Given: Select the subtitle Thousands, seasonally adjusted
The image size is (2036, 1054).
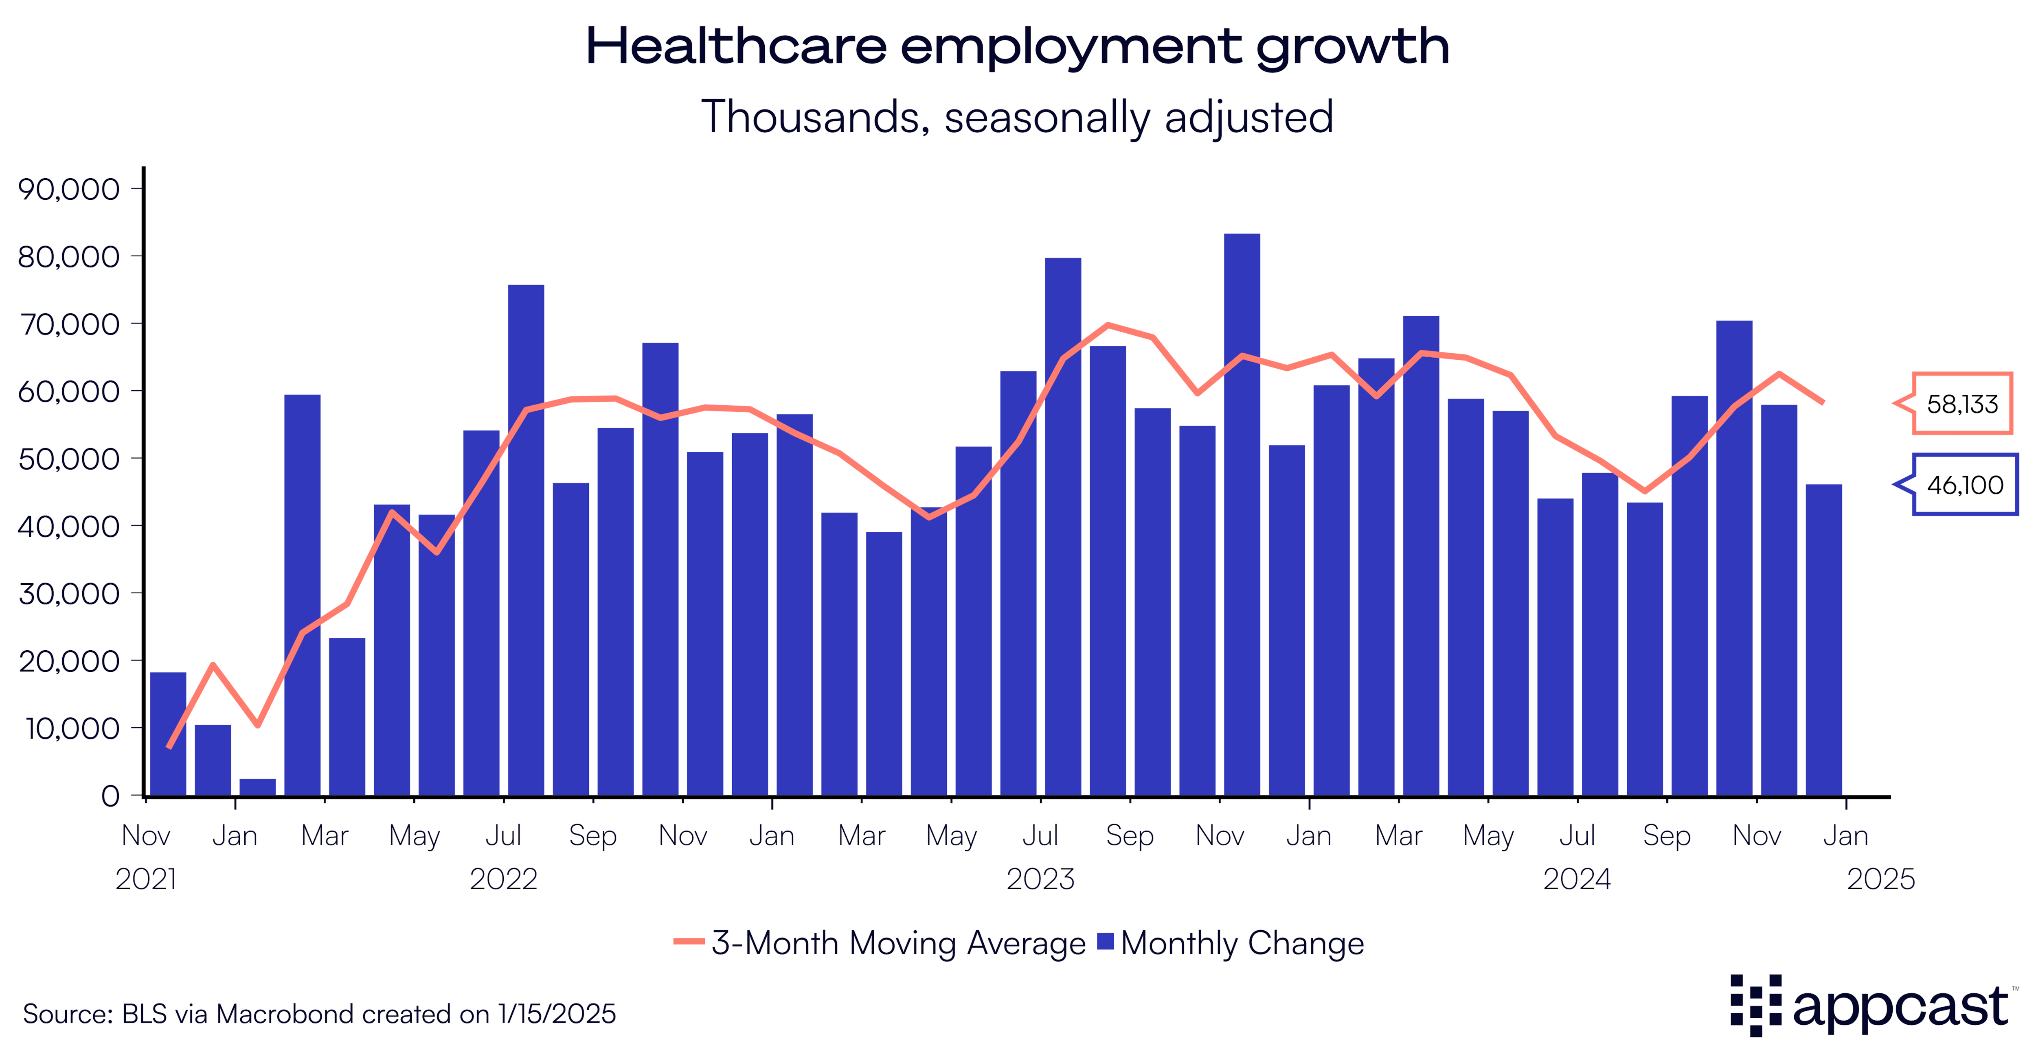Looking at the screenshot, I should tap(1017, 117).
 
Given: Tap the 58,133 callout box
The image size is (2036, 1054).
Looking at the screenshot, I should tap(1962, 404).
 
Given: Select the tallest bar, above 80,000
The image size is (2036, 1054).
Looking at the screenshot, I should tap(1242, 514).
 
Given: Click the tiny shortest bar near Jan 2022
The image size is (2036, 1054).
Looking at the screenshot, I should tap(258, 787).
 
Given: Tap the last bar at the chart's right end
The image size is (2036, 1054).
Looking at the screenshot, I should tap(1823, 640).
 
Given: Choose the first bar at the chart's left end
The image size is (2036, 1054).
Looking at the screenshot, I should tap(168, 733).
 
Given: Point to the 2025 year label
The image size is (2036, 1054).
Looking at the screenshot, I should tap(1880, 879).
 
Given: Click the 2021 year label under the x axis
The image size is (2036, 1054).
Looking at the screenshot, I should tap(146, 879).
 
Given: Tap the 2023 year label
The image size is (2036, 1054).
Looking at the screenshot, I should tap(1040, 879).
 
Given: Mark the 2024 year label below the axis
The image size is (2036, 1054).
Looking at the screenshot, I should tap(1577, 879).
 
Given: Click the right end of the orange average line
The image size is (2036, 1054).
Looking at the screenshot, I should tap(1823, 402).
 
